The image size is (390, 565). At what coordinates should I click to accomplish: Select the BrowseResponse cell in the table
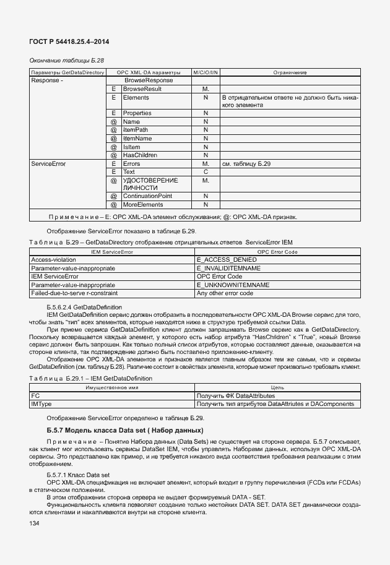tap(149, 80)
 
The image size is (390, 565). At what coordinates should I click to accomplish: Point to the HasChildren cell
tap(139, 155)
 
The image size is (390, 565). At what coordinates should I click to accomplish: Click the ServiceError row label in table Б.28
tap(48, 163)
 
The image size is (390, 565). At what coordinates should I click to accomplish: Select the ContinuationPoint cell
tap(147, 196)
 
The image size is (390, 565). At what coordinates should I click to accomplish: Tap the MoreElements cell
tap(142, 204)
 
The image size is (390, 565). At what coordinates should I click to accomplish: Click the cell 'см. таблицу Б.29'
tap(246, 163)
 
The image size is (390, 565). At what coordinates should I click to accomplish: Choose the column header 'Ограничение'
tap(290, 72)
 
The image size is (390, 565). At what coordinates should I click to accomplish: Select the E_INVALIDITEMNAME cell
tap(228, 268)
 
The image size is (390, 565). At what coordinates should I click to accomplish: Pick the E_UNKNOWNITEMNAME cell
tap(232, 285)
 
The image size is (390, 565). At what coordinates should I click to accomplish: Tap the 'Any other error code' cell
tap(224, 293)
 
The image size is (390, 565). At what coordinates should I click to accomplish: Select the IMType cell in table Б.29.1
tap(40, 404)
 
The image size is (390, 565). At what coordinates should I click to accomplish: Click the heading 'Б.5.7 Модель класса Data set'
tap(125, 430)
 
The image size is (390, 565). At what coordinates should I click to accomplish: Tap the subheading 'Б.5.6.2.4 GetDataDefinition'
tap(84, 307)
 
